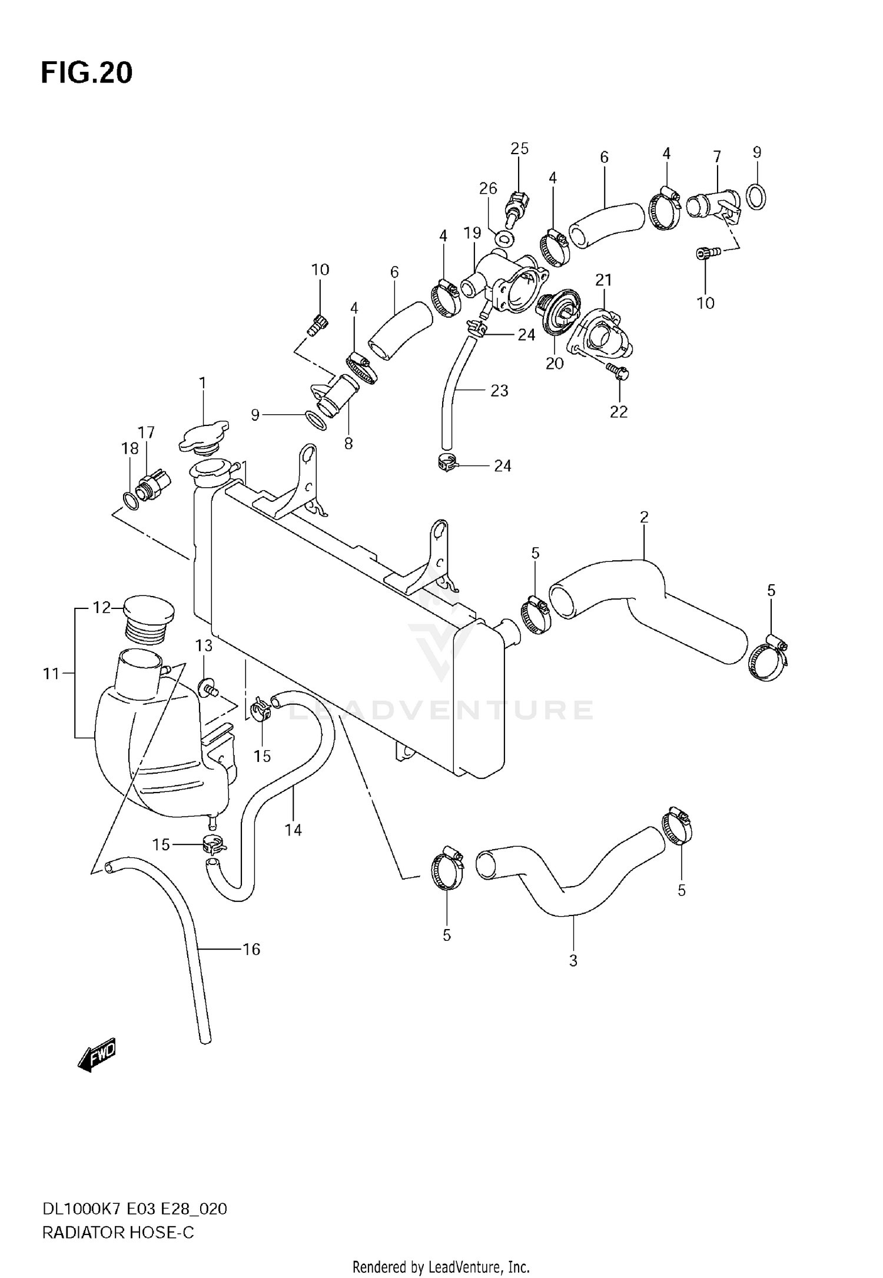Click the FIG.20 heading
pos(87,73)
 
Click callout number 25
pos(519,149)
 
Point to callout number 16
pos(251,950)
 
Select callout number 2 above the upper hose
pos(644,517)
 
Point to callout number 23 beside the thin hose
pos(499,391)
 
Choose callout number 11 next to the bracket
pos(51,673)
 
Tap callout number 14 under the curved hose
pos(293,830)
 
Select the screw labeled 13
pos(210,685)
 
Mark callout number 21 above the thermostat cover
pos(603,280)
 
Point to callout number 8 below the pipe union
pos(348,444)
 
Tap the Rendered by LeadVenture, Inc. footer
pos(441,1266)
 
